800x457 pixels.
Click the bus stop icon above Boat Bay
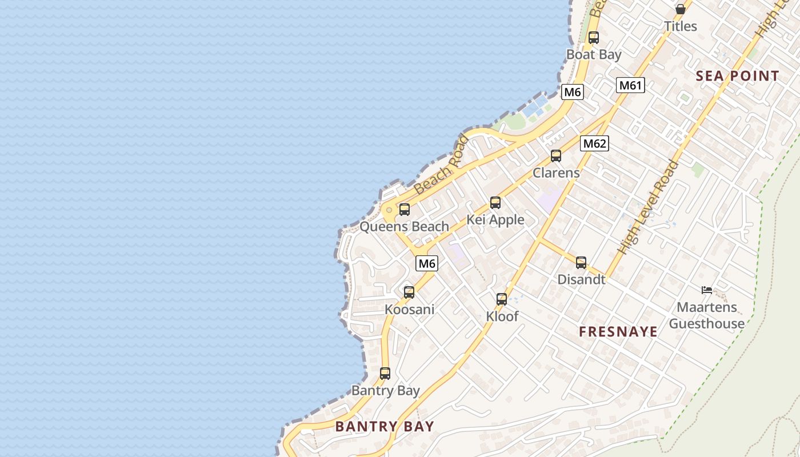(594, 38)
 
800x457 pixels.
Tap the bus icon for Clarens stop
(555, 156)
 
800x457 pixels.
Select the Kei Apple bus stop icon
(495, 203)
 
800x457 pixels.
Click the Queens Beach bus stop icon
(405, 210)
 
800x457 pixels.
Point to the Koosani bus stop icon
(409, 292)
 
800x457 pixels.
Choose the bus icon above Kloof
(502, 299)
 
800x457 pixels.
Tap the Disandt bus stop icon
(581, 263)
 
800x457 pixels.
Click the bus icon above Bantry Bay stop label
(385, 374)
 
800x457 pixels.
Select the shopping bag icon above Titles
(681, 9)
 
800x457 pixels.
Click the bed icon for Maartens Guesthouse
(707, 290)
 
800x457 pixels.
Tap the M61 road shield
(631, 86)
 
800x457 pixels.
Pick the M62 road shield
(594, 143)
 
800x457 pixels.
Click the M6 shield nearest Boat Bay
(573, 92)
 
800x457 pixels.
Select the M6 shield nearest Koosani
(427, 263)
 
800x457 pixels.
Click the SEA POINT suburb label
(737, 76)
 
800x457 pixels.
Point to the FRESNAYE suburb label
(618, 332)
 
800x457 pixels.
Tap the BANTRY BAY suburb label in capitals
(385, 426)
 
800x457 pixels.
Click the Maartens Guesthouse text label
(707, 315)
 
